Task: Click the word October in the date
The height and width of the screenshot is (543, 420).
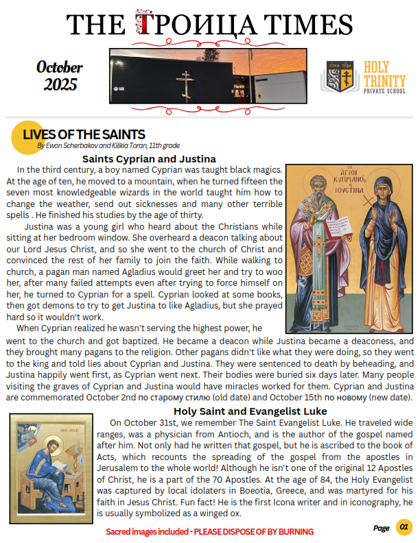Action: pyautogui.click(x=60, y=67)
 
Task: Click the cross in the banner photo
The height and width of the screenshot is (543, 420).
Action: pyautogui.click(x=185, y=82)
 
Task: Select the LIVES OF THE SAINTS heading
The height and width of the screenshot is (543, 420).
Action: pyautogui.click(x=84, y=134)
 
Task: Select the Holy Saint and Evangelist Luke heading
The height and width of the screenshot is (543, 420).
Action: pyautogui.click(x=250, y=411)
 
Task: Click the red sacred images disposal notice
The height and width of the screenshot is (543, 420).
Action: pyautogui.click(x=209, y=531)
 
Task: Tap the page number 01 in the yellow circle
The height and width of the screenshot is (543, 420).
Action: pyautogui.click(x=404, y=527)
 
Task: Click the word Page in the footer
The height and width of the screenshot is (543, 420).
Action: pyautogui.click(x=381, y=528)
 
